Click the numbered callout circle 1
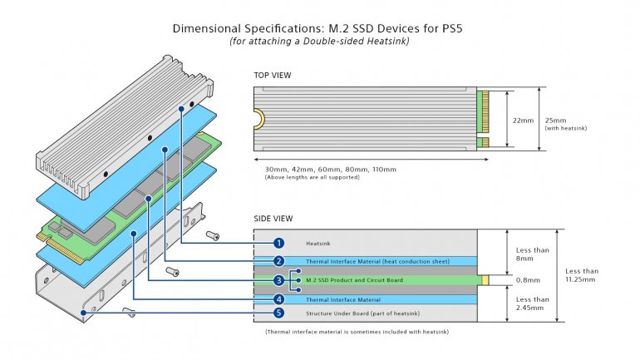click(279, 243)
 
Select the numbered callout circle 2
click(279, 262)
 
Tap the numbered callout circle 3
click(279, 280)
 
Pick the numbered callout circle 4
click(279, 299)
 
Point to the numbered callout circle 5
click(279, 313)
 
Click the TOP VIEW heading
click(272, 76)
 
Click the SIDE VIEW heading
click(273, 219)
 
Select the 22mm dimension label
click(524, 120)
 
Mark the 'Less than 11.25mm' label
click(581, 275)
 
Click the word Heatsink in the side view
click(318, 243)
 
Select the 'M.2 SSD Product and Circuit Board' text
click(355, 280)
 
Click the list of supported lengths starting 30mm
click(330, 169)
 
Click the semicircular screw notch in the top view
click(258, 120)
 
